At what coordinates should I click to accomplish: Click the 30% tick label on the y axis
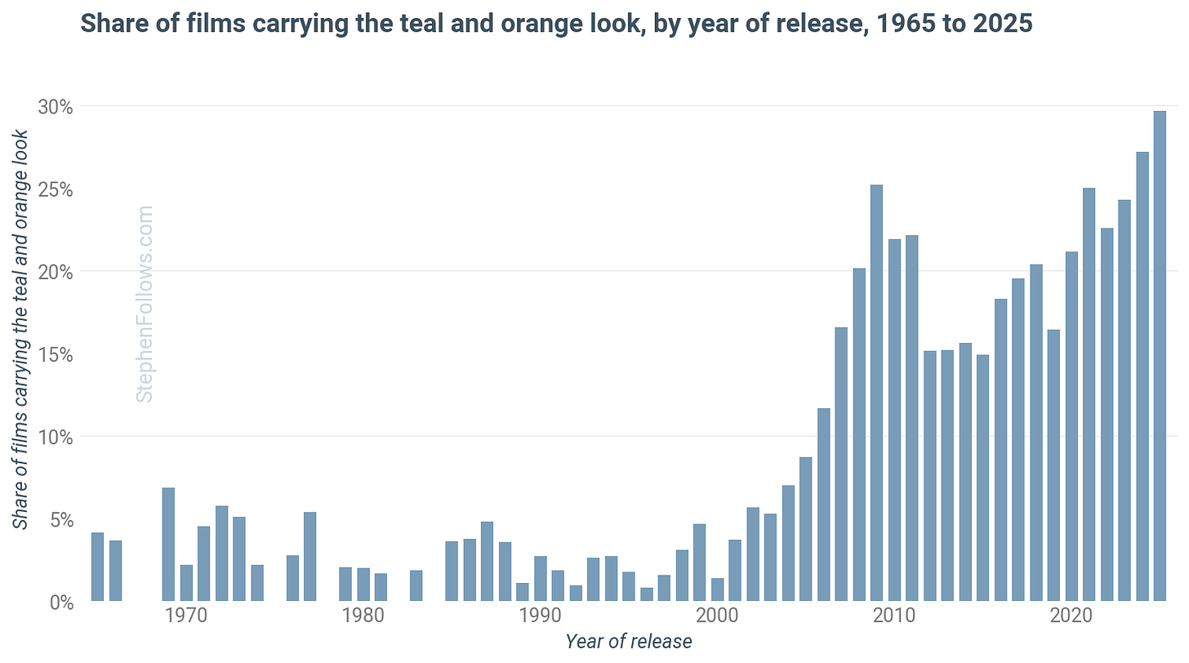[56, 107]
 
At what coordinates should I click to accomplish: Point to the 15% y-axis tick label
[56, 354]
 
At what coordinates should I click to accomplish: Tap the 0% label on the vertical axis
[61, 603]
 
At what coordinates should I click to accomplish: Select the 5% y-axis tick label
[61, 520]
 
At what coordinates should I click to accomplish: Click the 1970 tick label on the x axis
[186, 616]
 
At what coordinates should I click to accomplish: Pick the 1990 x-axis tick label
[540, 616]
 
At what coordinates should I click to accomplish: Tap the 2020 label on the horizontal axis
[1071, 616]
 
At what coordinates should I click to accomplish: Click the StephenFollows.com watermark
[145, 305]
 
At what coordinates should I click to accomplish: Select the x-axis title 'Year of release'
[629, 642]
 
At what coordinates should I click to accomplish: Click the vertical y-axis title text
[20, 330]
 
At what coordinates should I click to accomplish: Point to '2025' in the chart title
[1002, 24]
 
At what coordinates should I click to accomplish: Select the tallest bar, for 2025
[1160, 356]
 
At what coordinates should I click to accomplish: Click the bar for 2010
[894, 420]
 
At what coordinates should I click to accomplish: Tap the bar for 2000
[718, 590]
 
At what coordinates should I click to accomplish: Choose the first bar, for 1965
[98, 567]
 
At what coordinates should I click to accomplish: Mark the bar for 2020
[1071, 426]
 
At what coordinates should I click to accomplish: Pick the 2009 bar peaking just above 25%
[877, 393]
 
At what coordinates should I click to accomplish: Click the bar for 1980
[363, 585]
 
